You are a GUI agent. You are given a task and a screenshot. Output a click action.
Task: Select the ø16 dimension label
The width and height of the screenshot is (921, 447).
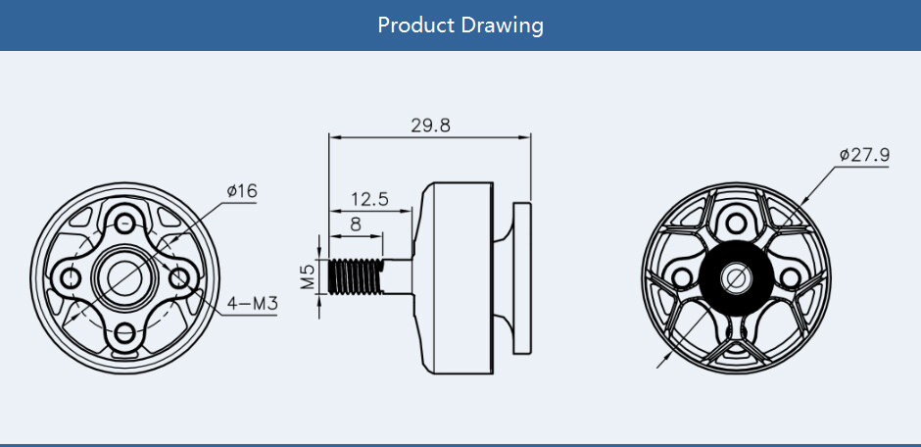click(x=241, y=190)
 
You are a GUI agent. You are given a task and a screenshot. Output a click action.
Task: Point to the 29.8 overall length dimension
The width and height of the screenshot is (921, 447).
click(x=430, y=126)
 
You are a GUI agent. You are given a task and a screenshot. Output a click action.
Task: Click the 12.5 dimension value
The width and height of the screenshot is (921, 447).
click(x=369, y=198)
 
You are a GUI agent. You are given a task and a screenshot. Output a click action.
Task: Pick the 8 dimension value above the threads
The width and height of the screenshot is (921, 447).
click(x=355, y=223)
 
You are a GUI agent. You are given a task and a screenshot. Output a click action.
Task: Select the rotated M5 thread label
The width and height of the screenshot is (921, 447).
click(x=308, y=276)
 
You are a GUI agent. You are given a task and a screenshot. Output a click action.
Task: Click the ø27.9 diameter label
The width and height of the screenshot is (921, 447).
click(x=864, y=155)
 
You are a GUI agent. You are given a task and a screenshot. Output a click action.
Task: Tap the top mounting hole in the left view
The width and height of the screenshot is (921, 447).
click(x=124, y=223)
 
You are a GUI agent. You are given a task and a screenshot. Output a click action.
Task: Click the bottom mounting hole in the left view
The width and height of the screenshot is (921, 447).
click(x=124, y=333)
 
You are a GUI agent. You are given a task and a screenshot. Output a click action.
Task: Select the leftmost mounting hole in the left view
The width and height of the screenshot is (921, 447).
click(x=70, y=278)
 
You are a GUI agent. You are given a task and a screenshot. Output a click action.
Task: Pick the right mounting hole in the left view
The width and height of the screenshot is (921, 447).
click(x=179, y=278)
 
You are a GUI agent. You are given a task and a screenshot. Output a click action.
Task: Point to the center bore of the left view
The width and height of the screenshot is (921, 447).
click(x=124, y=278)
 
